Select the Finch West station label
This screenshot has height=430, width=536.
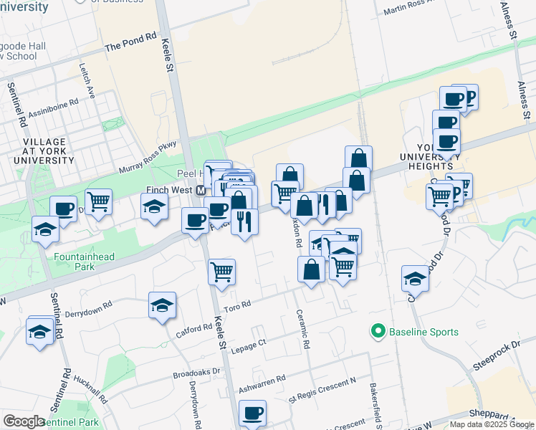tap(166, 190)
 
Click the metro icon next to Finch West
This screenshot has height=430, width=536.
tap(201, 190)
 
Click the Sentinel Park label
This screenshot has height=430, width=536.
tap(72, 422)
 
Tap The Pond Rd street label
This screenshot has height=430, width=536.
tap(130, 46)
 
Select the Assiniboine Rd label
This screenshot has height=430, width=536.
tap(54, 107)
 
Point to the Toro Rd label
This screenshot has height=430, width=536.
tap(237, 305)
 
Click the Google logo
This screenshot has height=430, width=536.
tap(24, 421)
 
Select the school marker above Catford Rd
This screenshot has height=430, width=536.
tap(162, 305)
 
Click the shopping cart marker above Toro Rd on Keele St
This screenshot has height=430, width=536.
tap(222, 272)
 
